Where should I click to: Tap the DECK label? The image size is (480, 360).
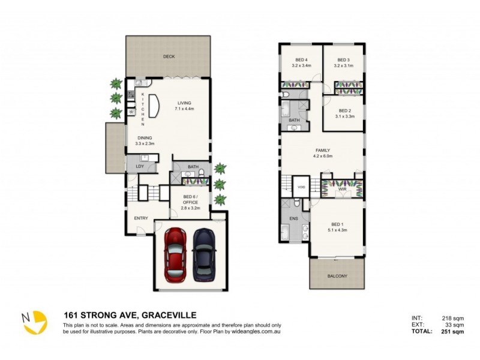[x=169, y=57]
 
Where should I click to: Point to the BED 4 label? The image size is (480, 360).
[x=301, y=60]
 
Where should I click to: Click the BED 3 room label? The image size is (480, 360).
[x=343, y=60]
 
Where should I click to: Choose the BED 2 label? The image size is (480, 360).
[x=344, y=111]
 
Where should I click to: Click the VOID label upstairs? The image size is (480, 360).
[x=301, y=187]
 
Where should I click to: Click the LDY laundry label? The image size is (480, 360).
[x=139, y=166]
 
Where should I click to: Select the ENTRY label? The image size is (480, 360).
[x=141, y=218]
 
